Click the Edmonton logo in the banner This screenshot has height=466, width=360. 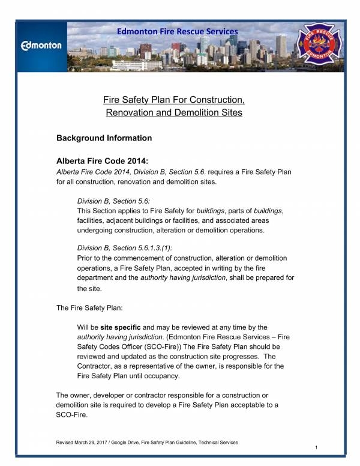coord(41,46)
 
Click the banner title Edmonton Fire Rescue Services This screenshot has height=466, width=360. coord(178,31)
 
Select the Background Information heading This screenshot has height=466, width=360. coord(104,138)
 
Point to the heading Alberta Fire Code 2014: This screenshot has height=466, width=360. coord(101,161)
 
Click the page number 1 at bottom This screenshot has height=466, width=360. coord(316,449)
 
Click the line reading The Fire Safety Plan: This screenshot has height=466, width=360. coord(89,307)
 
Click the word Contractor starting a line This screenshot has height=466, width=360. coord(97,366)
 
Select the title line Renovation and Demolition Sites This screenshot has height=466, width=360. coord(173,112)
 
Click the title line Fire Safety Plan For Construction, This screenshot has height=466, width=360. coord(173,98)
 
